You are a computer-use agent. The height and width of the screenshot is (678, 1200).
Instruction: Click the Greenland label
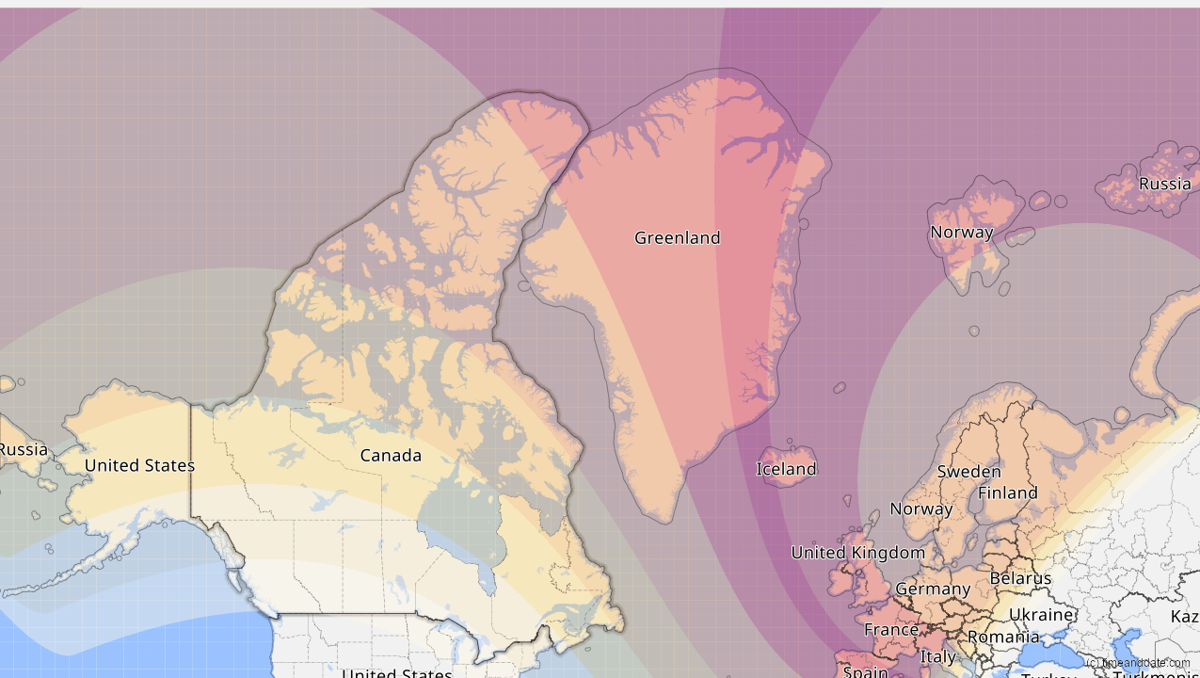point(677,238)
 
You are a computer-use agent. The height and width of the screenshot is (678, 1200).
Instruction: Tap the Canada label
point(391,456)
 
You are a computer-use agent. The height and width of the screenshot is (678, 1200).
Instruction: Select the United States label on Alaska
point(139,465)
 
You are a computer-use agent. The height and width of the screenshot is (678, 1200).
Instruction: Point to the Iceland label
point(786,469)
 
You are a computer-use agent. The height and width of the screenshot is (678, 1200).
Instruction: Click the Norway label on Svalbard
point(961,233)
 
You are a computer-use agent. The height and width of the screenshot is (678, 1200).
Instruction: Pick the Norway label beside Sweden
point(920,509)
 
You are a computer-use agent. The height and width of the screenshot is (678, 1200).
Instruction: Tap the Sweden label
point(968,472)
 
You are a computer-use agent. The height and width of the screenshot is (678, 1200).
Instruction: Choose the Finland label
point(1007,493)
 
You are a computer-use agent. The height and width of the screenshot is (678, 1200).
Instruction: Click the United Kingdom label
point(857,553)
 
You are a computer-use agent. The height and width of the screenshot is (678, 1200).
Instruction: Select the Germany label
point(932,589)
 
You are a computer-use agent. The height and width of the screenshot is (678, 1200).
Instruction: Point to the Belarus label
point(1019,578)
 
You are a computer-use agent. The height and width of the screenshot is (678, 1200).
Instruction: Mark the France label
point(890,629)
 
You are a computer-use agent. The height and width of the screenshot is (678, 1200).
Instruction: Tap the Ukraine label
point(1041,615)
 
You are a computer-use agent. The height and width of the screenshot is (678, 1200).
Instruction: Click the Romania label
point(1003,638)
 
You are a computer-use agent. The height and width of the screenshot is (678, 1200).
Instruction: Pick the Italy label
point(937,657)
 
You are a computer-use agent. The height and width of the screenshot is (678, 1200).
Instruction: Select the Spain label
point(865,671)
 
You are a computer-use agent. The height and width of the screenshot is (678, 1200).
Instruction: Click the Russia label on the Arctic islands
point(1164,184)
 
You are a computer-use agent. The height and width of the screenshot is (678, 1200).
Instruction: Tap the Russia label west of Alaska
point(23,450)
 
